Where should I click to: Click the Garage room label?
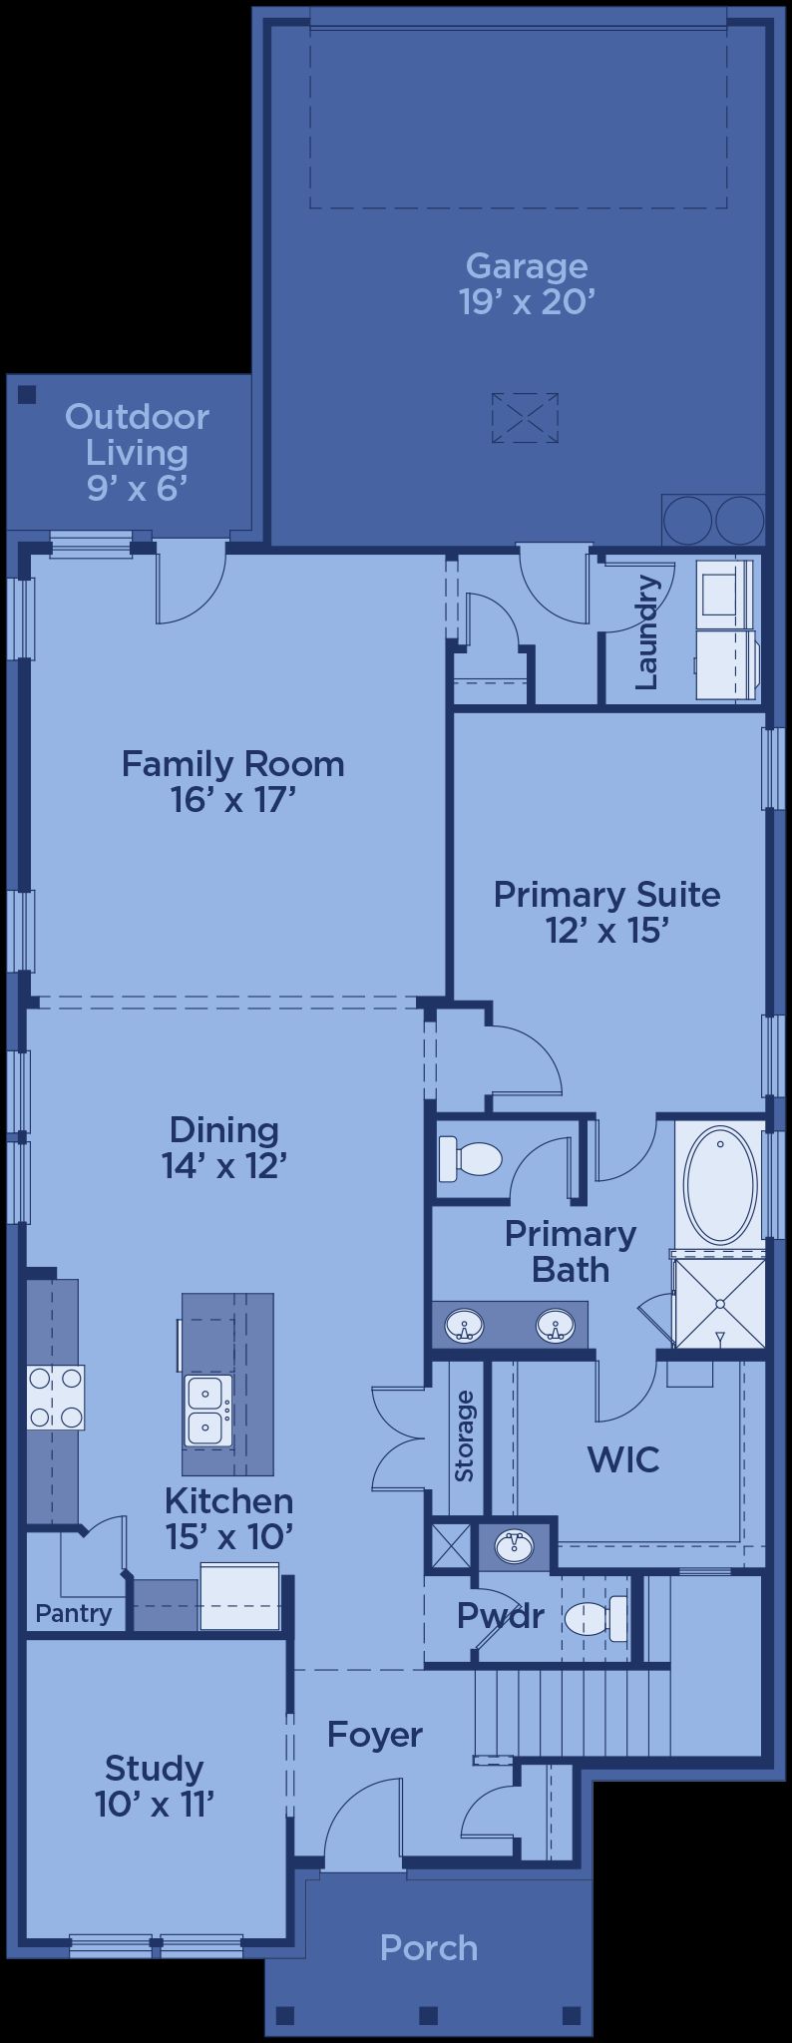click(x=527, y=266)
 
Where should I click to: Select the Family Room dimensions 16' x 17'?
click(x=234, y=800)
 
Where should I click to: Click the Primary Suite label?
click(x=606, y=894)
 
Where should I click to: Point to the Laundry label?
click(x=646, y=631)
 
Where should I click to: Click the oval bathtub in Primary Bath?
click(x=720, y=1184)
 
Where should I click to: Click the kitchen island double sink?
click(x=208, y=1410)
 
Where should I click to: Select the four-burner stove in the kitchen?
click(x=56, y=1398)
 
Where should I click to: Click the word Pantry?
click(x=73, y=1613)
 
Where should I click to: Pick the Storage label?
click(x=464, y=1435)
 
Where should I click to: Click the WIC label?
click(x=623, y=1459)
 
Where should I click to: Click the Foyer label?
click(x=375, y=1735)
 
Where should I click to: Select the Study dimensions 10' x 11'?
click(x=156, y=1804)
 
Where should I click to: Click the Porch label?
click(x=429, y=1947)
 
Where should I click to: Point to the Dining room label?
click(x=223, y=1129)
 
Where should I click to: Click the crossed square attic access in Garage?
click(x=525, y=418)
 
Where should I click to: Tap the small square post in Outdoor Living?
click(x=27, y=394)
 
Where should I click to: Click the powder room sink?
click(x=514, y=1546)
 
